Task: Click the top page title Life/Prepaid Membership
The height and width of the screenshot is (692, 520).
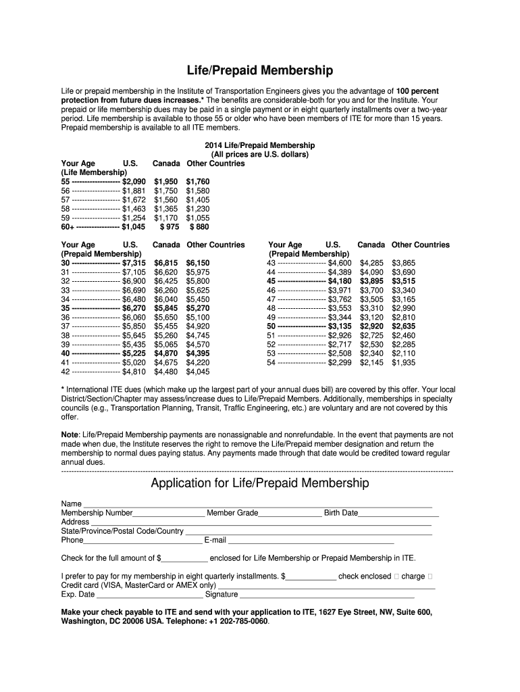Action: pyautogui.click(x=260, y=70)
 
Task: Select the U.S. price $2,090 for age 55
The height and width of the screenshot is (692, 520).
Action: pyautogui.click(x=134, y=182)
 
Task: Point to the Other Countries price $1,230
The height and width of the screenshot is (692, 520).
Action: pyautogui.click(x=198, y=209)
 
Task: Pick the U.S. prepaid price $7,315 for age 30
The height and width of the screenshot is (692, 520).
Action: pyautogui.click(x=134, y=263)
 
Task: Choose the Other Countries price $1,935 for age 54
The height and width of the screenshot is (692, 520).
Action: pyautogui.click(x=404, y=362)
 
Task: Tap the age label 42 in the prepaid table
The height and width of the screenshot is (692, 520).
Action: pyautogui.click(x=66, y=372)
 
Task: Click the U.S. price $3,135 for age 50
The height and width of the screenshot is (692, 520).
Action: pyautogui.click(x=339, y=326)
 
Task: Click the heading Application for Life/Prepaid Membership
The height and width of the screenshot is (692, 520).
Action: pyautogui.click(x=260, y=483)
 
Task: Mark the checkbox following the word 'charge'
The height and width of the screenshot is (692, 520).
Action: pyautogui.click(x=431, y=576)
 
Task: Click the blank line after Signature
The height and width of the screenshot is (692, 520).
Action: pyautogui.click(x=327, y=595)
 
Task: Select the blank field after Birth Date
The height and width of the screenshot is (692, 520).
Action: pyautogui.click(x=398, y=513)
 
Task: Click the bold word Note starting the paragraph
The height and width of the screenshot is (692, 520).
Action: pyautogui.click(x=70, y=435)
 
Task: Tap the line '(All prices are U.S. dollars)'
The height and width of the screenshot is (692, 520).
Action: pyautogui.click(x=260, y=155)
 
